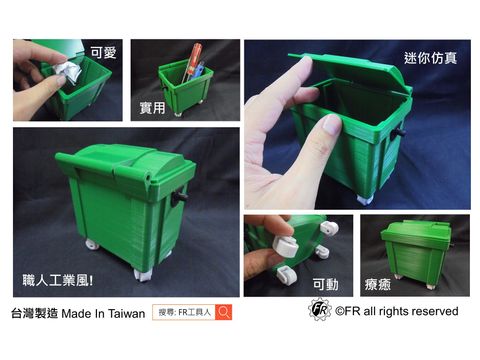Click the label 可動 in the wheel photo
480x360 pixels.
pyautogui.click(x=325, y=283)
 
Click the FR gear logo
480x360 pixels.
pyautogui.click(x=319, y=311)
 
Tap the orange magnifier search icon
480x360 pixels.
pyautogui.click(x=224, y=312)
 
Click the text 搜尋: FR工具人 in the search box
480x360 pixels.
pyautogui.click(x=184, y=312)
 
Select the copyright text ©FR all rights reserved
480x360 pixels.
pyautogui.click(x=396, y=312)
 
